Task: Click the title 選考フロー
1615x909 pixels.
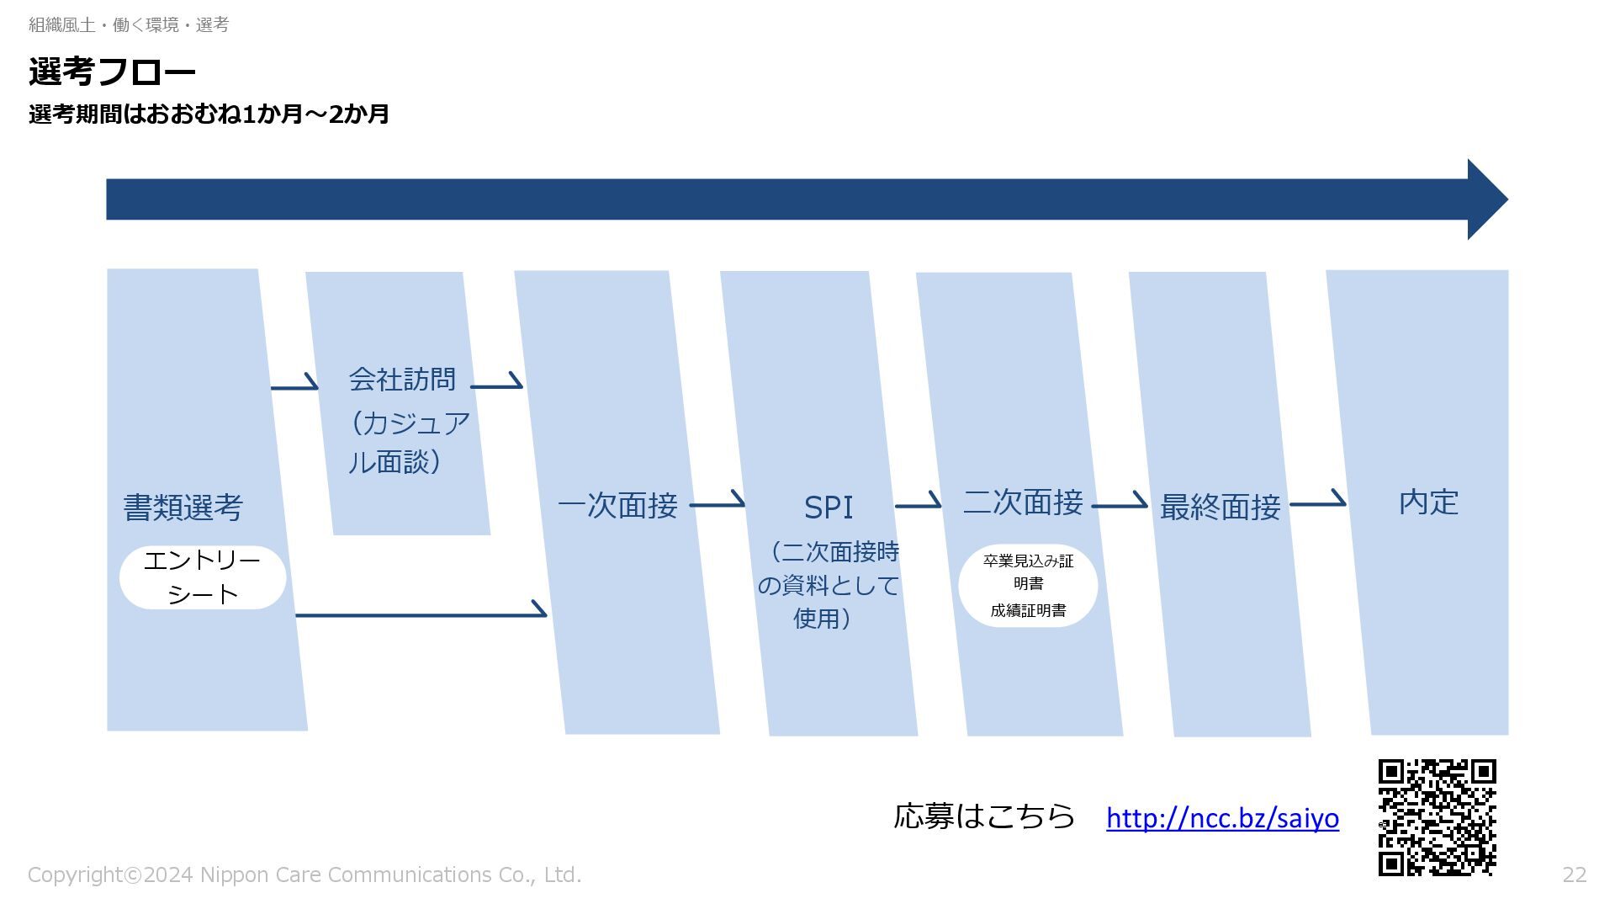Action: pyautogui.click(x=112, y=72)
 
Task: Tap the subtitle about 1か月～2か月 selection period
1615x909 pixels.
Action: pyautogui.click(x=209, y=114)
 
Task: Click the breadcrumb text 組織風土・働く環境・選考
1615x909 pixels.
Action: pyautogui.click(x=129, y=25)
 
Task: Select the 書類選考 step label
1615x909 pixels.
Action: pyautogui.click(x=183, y=508)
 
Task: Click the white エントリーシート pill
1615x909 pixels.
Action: pyautogui.click(x=203, y=577)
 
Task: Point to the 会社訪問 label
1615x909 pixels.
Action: pyautogui.click(x=402, y=380)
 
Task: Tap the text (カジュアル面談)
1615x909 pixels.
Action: pyautogui.click(x=409, y=442)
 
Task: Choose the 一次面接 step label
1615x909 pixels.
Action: pyautogui.click(x=617, y=506)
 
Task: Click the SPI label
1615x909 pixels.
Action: pyautogui.click(x=829, y=508)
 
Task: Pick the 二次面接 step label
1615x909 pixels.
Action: pyautogui.click(x=1023, y=502)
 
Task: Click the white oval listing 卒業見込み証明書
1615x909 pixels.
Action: pyautogui.click(x=1028, y=585)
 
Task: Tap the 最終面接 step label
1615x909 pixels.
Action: pyautogui.click(x=1220, y=507)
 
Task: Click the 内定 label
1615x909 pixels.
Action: pyautogui.click(x=1428, y=502)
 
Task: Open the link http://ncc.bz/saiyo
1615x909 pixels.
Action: pyautogui.click(x=1222, y=818)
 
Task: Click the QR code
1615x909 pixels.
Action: pyautogui.click(x=1437, y=817)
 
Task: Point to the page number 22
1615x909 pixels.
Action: pyautogui.click(x=1574, y=875)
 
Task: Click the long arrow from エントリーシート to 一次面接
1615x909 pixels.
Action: pyautogui.click(x=421, y=614)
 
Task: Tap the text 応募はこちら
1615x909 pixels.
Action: pyautogui.click(x=984, y=816)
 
